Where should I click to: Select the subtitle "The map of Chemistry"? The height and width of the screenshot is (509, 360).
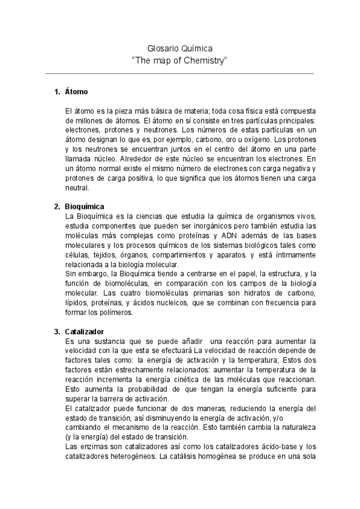pos(179,60)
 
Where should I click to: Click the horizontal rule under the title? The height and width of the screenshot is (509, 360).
pos(179,74)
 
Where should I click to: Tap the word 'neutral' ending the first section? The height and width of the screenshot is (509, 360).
pos(77,187)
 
